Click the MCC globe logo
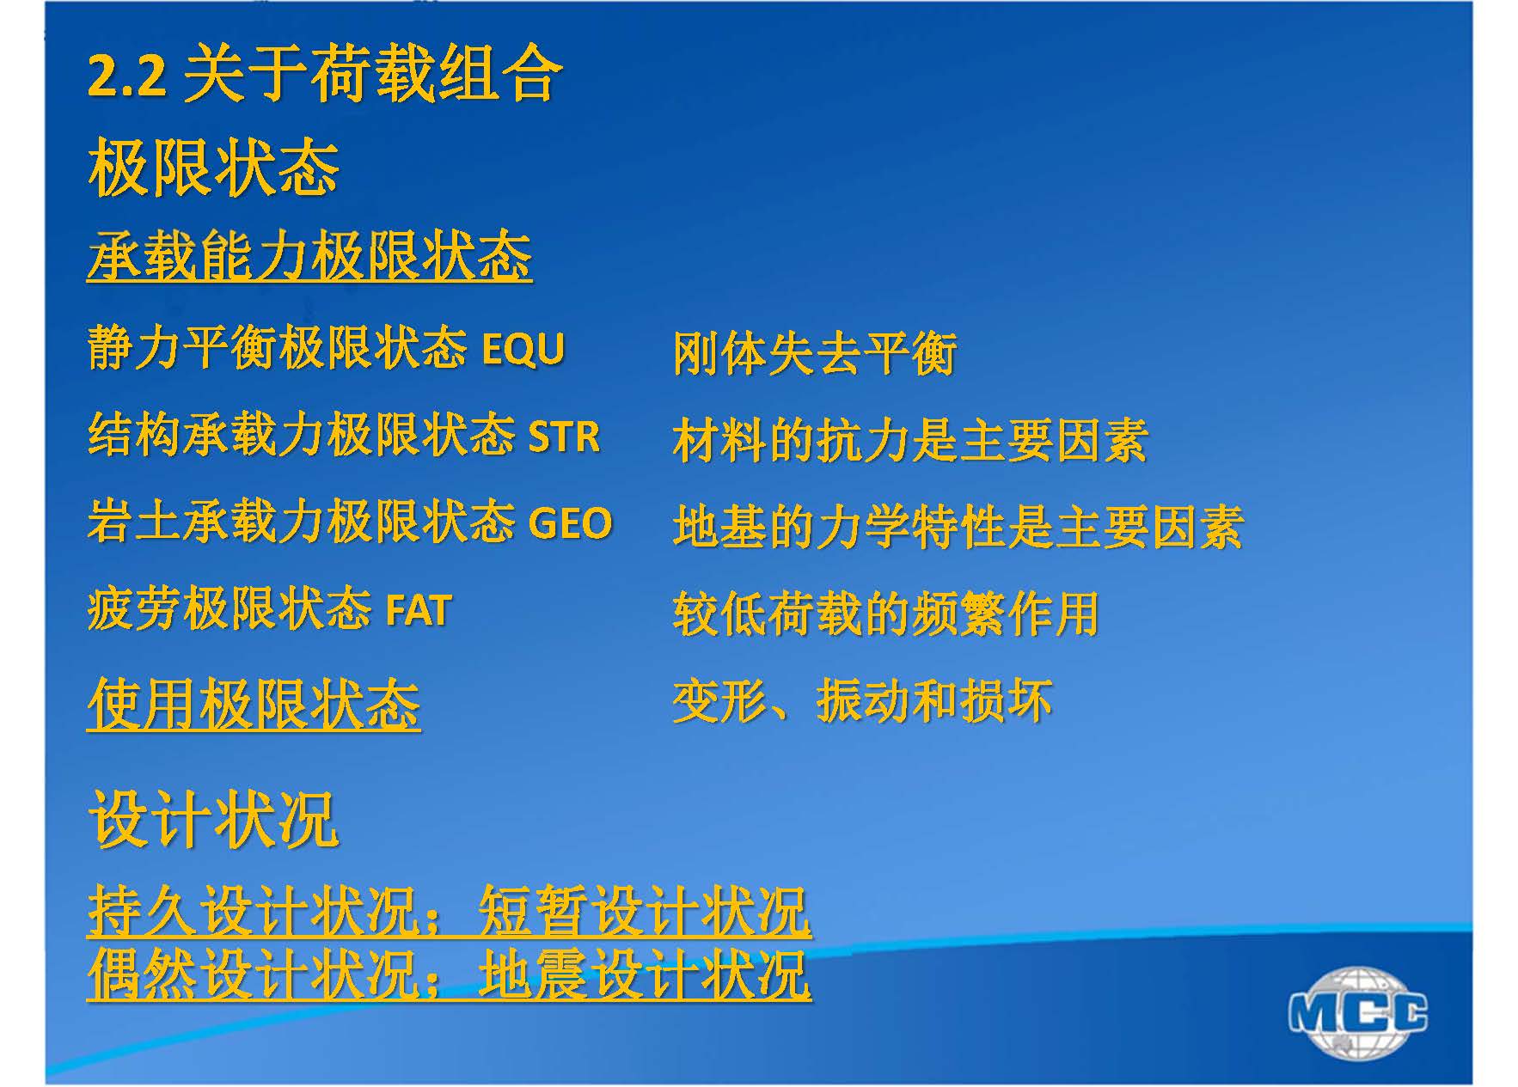(1358, 1012)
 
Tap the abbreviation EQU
(523, 349)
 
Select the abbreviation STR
(564, 436)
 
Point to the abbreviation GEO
(570, 522)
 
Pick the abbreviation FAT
(419, 610)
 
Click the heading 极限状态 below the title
(214, 168)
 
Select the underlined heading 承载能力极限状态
(309, 256)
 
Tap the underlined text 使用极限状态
(254, 704)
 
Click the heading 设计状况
(214, 820)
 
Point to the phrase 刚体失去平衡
(815, 353)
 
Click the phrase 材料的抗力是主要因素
(910, 441)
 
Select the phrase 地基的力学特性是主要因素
(958, 527)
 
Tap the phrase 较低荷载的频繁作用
(886, 614)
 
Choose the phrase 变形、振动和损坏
(862, 700)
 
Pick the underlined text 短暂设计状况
(645, 911)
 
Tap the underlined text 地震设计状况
(645, 974)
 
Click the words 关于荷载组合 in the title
(373, 75)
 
